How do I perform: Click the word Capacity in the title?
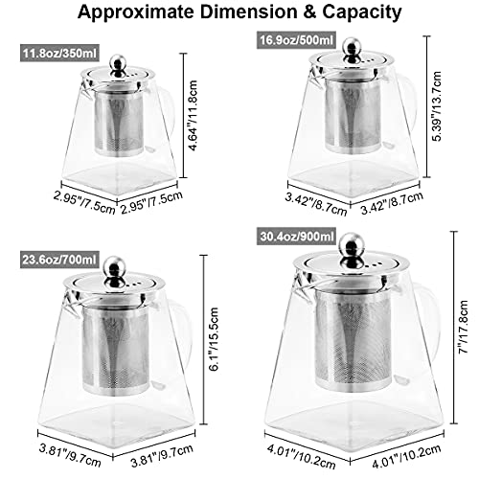pyautogui.click(x=361, y=12)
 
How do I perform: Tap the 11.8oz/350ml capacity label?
pyautogui.click(x=59, y=53)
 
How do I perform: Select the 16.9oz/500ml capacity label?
pyautogui.click(x=296, y=40)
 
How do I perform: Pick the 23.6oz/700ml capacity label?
pyautogui.click(x=59, y=260)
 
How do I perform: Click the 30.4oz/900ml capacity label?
pyautogui.click(x=297, y=237)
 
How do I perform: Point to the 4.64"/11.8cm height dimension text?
pyautogui.click(x=193, y=115)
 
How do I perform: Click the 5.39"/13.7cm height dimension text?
pyautogui.click(x=436, y=106)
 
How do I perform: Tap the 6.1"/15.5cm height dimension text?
pyautogui.click(x=214, y=339)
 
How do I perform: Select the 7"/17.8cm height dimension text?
pyautogui.click(x=463, y=327)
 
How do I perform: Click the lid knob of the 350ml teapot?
pyautogui.click(x=118, y=65)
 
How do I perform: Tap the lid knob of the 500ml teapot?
pyautogui.click(x=353, y=50)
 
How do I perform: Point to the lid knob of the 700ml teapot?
pyautogui.click(x=115, y=270)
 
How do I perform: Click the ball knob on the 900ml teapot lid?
pyautogui.click(x=352, y=249)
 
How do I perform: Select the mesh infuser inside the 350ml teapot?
pyautogui.click(x=119, y=123)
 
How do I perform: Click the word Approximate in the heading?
pyautogui.click(x=135, y=12)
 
